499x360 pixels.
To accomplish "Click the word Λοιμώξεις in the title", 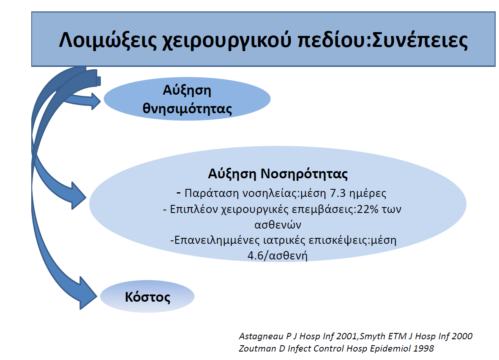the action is coord(108,41).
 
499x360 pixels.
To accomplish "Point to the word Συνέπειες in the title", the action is coord(420,41).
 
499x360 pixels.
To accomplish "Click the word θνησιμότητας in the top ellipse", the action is coord(187,109).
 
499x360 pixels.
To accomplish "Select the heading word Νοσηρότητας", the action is coord(304,174).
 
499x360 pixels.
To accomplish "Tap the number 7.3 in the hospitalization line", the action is coord(338,193).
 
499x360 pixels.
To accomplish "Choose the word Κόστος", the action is coord(147,297).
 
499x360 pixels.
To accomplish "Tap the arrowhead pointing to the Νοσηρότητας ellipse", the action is coord(78,196).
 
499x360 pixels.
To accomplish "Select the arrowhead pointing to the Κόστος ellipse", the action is coord(88,293).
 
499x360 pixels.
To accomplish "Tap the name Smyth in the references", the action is coord(372,336).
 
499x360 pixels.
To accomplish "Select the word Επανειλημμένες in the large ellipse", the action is coord(217,240).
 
